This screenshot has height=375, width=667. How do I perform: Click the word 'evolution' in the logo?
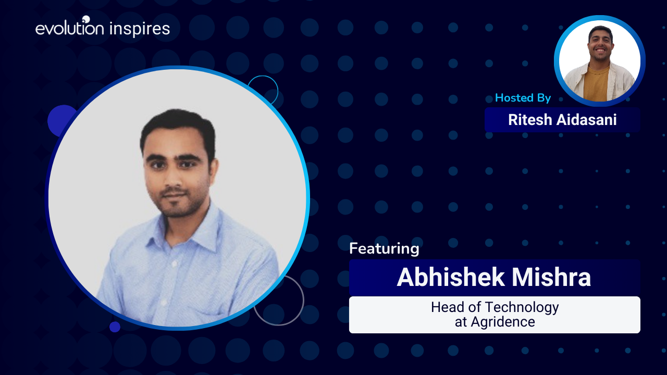click(70, 28)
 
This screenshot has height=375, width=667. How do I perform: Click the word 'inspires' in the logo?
click(140, 29)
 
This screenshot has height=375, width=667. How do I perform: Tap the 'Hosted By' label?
click(523, 98)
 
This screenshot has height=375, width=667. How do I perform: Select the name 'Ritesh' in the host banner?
click(530, 120)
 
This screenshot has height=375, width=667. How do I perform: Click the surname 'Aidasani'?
click(586, 120)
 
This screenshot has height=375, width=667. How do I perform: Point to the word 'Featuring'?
click(384, 249)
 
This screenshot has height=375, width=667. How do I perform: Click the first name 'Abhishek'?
click(451, 278)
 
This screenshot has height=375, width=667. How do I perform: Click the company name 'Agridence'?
click(503, 322)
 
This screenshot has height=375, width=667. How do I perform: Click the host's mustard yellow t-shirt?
click(596, 83)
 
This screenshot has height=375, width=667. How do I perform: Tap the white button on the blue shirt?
click(175, 264)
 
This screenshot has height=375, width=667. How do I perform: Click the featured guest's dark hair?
click(179, 125)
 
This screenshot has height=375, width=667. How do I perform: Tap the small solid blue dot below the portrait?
click(115, 327)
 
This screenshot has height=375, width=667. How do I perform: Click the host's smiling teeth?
click(600, 50)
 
